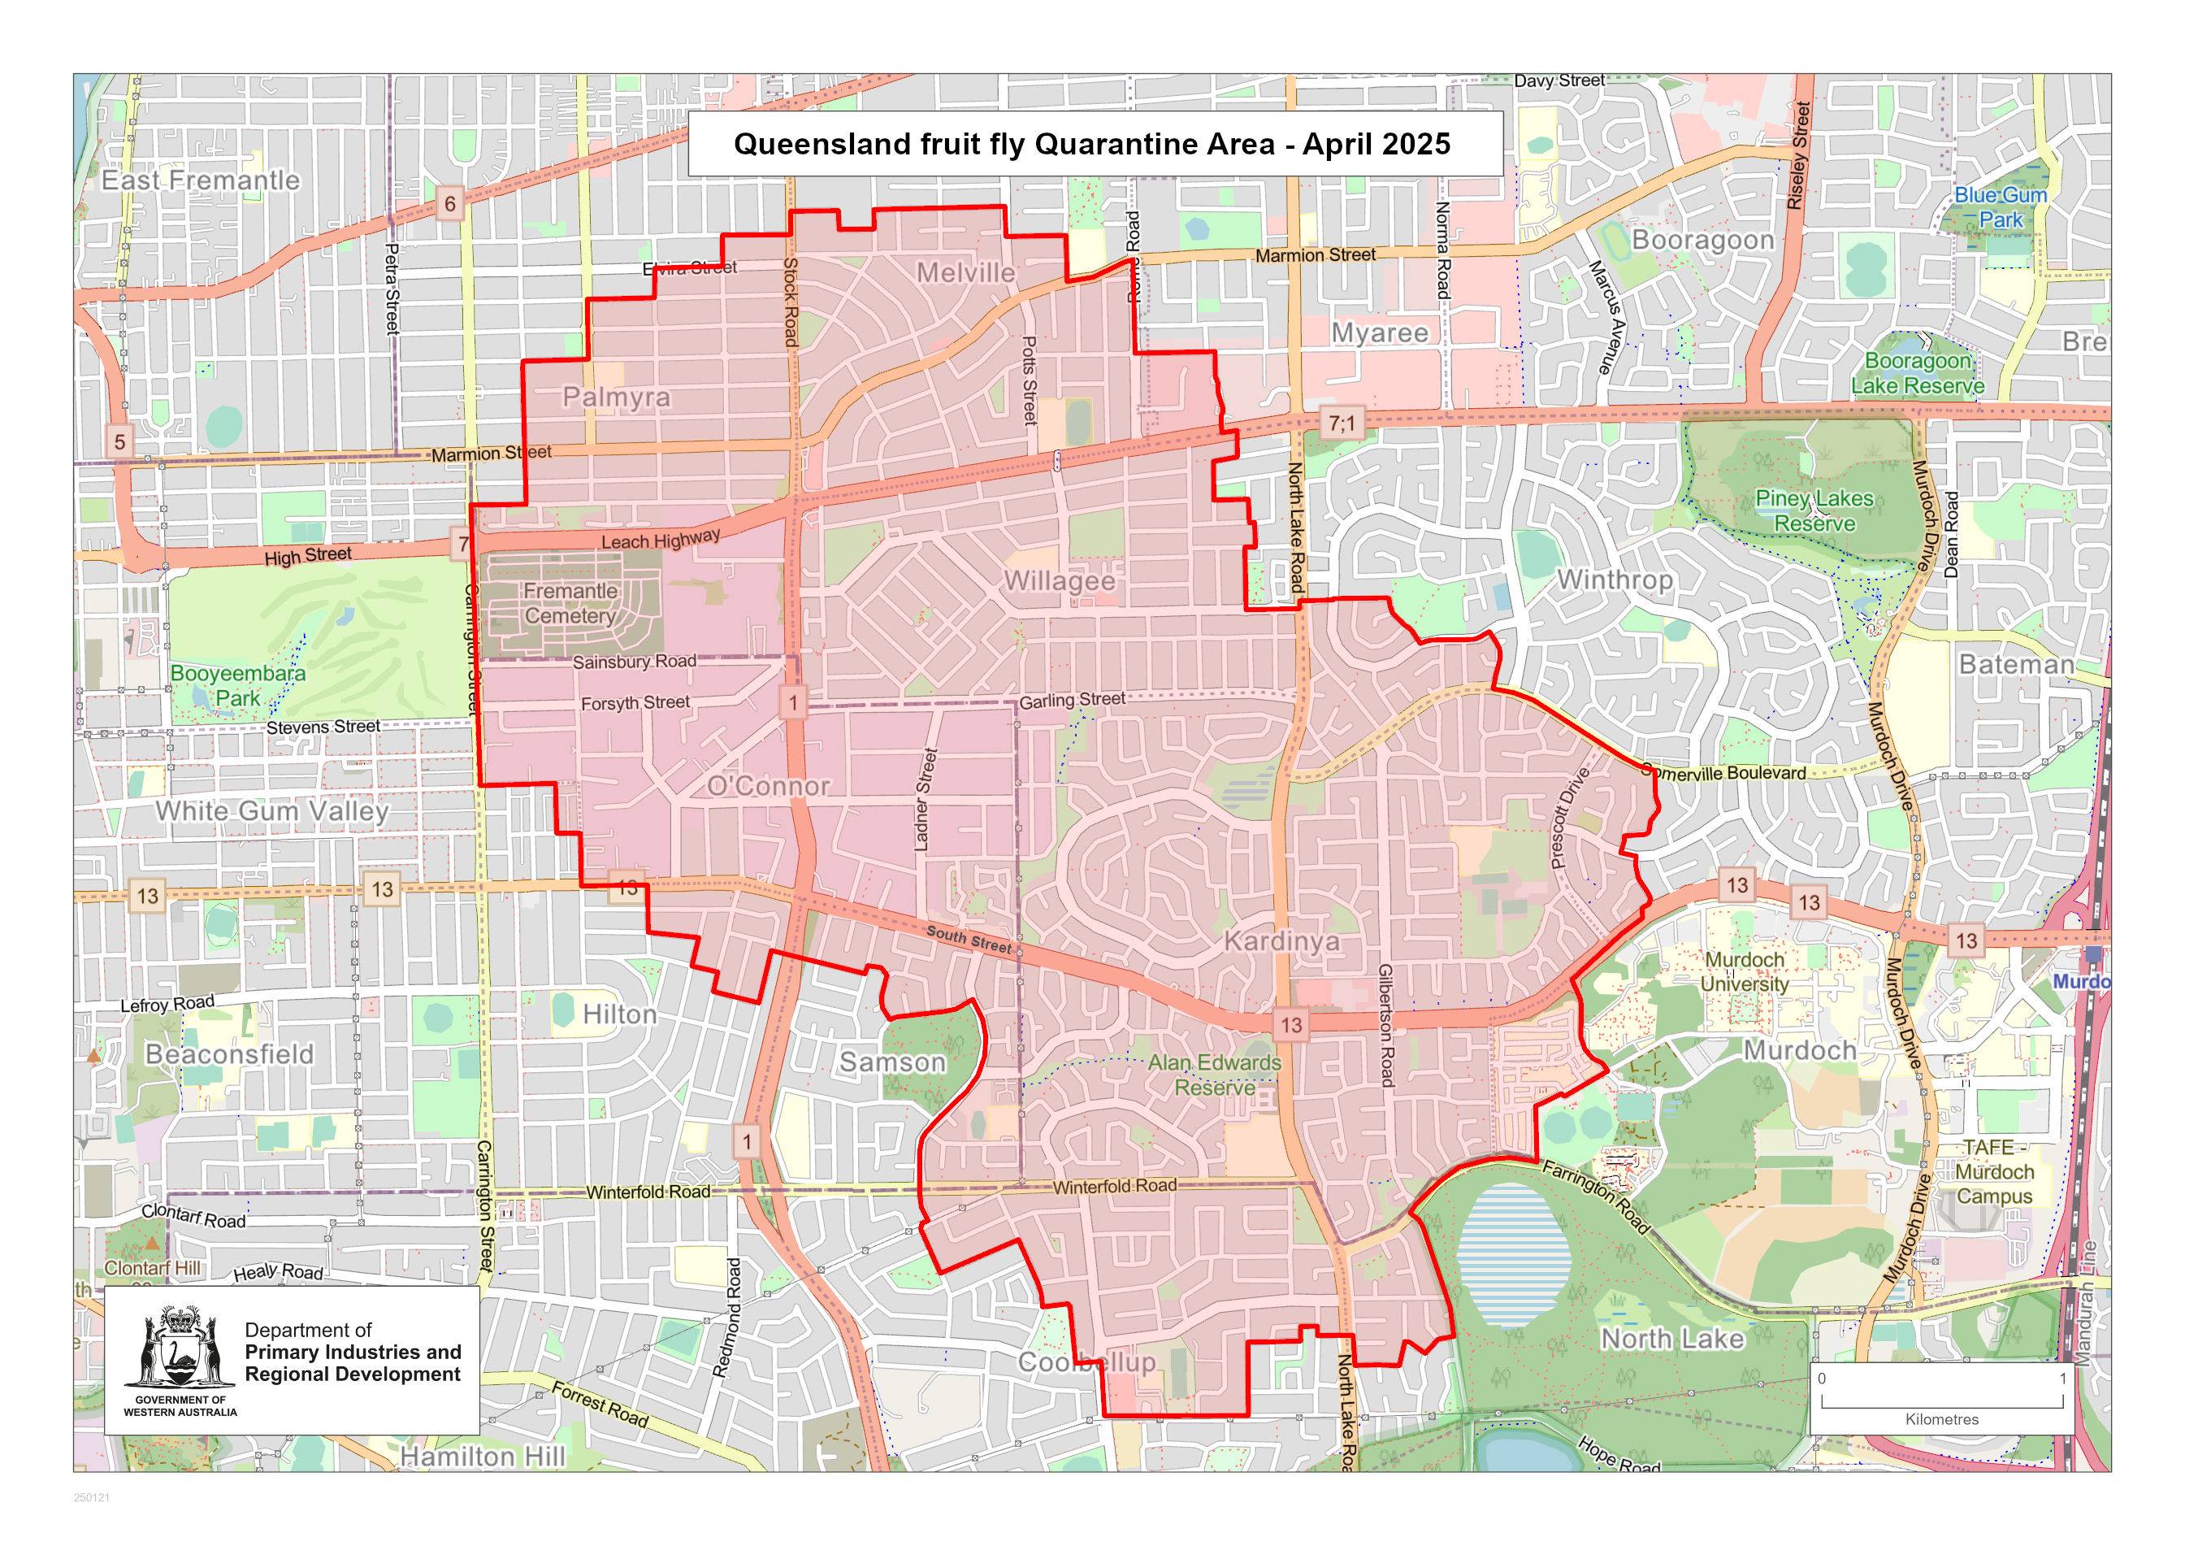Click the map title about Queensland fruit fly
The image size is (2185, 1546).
point(1091,144)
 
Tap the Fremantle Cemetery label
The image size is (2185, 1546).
point(570,604)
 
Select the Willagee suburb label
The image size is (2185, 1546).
point(1060,580)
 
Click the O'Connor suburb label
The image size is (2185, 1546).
point(768,786)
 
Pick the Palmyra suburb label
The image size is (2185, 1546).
point(617,397)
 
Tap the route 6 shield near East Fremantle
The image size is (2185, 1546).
point(450,202)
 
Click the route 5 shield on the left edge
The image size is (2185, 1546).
point(119,441)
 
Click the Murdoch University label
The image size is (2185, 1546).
point(1745,972)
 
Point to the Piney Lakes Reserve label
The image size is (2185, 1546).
point(1814,511)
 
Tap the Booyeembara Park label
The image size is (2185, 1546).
point(238,685)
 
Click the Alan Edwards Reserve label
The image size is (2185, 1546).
point(1214,1075)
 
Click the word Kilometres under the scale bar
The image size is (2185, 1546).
point(1941,1419)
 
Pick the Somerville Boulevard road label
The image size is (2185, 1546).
point(1724,773)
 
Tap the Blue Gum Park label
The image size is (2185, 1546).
point(2001,206)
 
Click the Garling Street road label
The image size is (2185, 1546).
point(1072,700)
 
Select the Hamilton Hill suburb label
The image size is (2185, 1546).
point(483,1457)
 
